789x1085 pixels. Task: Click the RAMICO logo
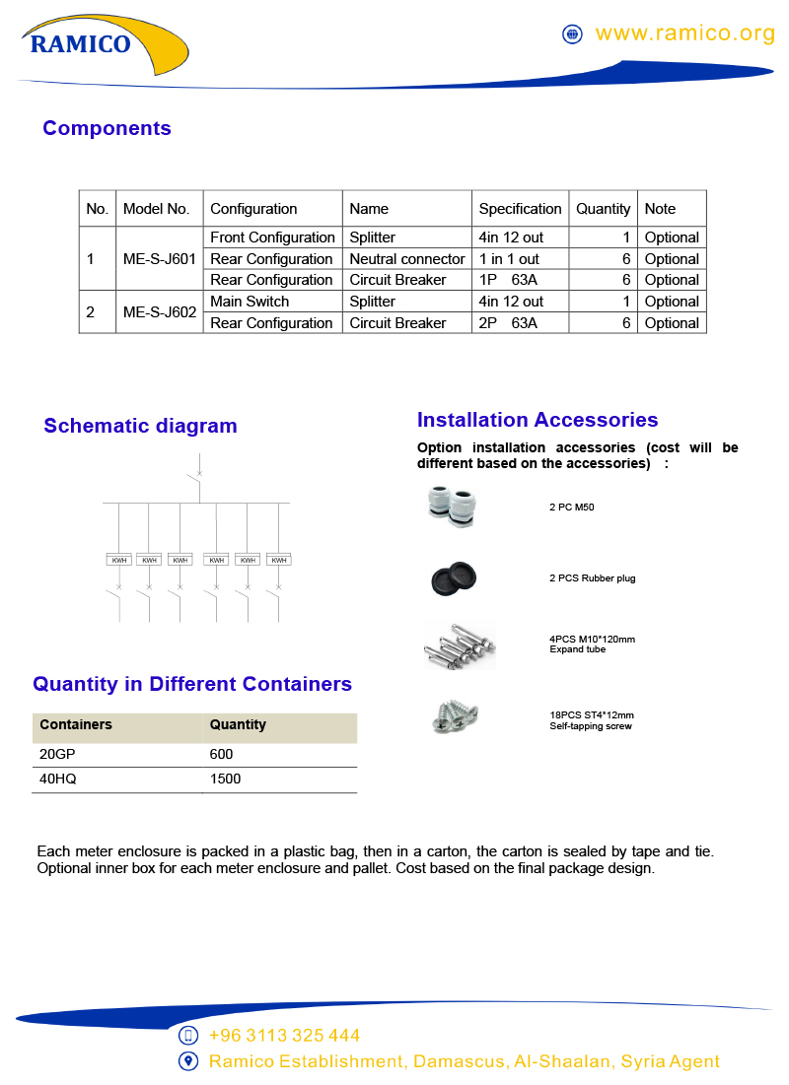point(81,43)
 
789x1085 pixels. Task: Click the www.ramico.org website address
point(685,34)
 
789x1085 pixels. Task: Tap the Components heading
point(107,128)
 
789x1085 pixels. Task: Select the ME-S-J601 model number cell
point(159,259)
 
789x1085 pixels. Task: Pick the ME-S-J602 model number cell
point(159,312)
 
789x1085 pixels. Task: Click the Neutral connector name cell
point(406,259)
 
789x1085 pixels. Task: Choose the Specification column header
point(520,209)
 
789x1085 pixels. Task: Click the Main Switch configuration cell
point(250,302)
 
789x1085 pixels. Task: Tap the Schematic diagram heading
point(140,426)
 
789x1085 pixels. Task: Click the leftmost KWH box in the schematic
point(118,560)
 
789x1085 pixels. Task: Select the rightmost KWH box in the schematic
point(279,560)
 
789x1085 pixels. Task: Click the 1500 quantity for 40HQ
point(225,780)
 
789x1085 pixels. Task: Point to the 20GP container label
point(54,754)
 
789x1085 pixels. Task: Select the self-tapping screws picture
point(455,716)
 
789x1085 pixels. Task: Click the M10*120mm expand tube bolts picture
point(459,645)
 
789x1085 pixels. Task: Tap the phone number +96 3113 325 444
point(284,1036)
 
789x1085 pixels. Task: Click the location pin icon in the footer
point(188,1061)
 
